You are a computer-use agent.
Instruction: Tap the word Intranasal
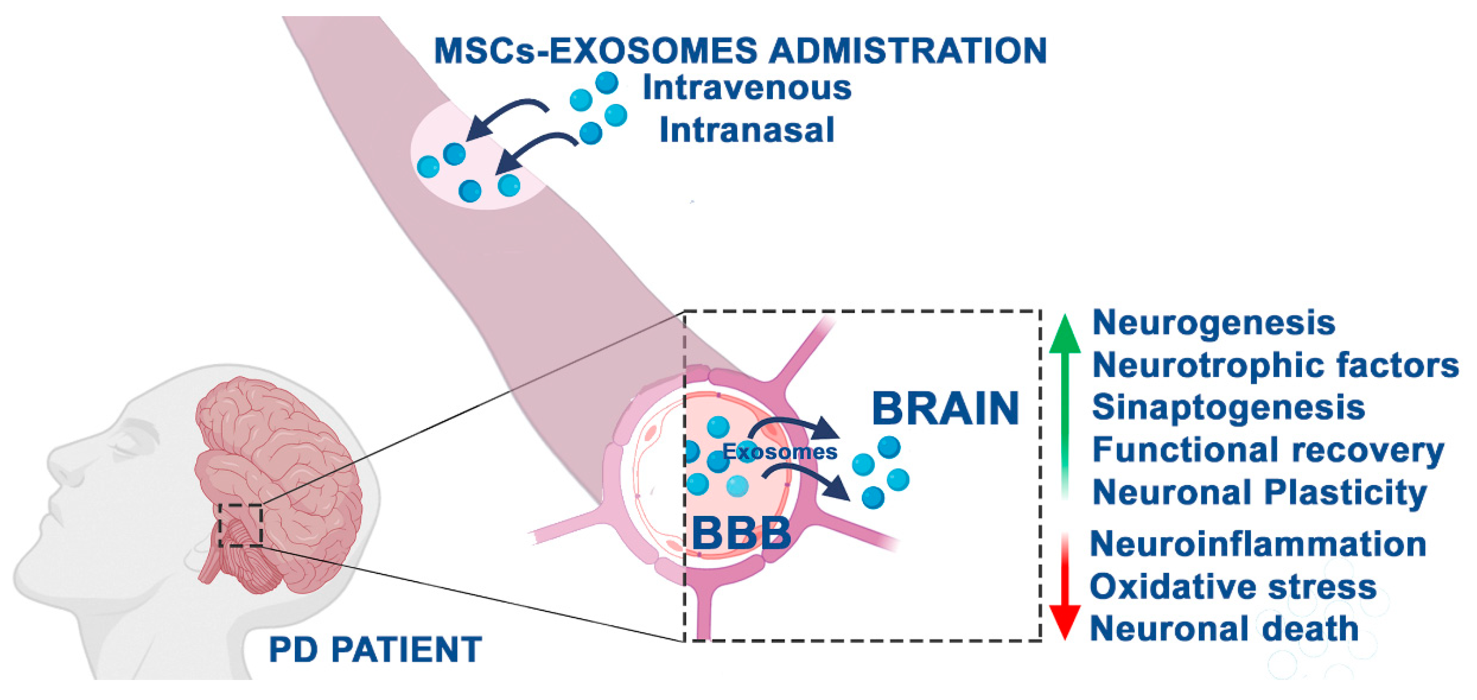746,130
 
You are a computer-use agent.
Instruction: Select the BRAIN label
945,409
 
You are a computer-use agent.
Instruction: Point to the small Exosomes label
780,452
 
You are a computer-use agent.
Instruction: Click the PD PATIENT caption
375,650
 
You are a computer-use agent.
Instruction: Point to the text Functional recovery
1268,451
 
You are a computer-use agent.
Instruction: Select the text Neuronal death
1224,629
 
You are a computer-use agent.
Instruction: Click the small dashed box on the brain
241,525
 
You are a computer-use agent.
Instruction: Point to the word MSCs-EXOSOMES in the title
596,50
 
